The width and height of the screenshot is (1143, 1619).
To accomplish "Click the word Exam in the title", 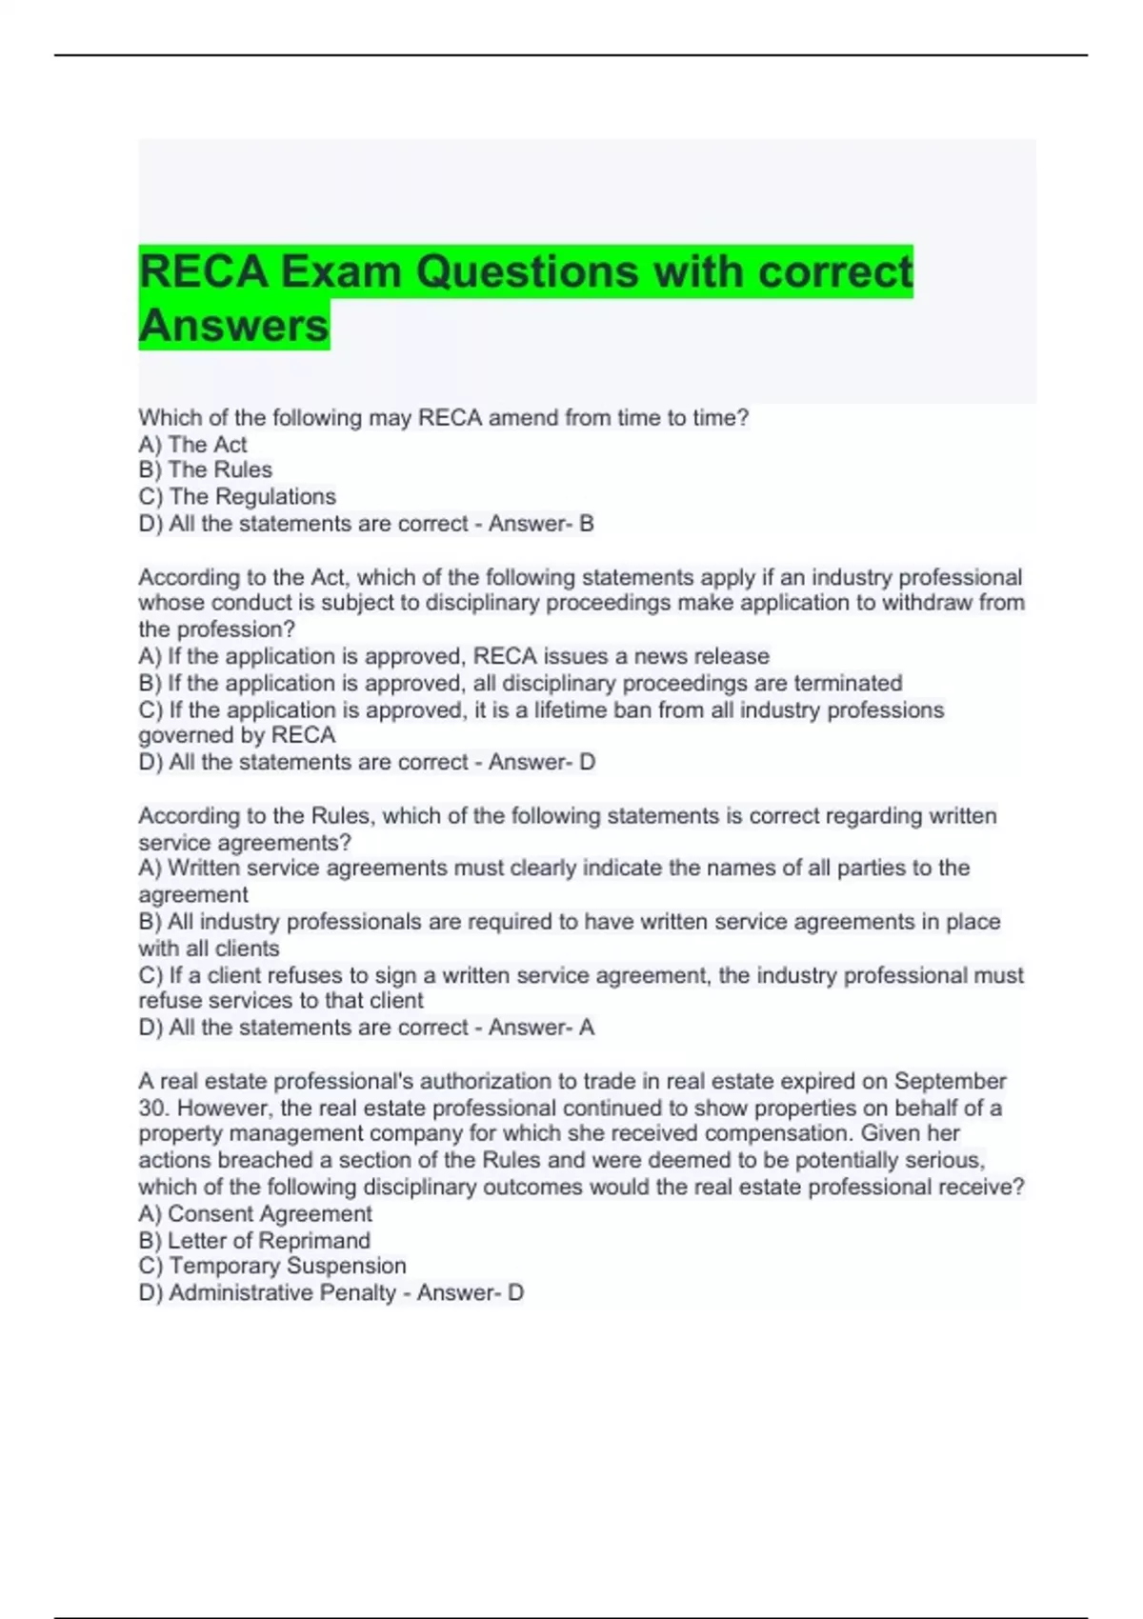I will pyautogui.click(x=339, y=271).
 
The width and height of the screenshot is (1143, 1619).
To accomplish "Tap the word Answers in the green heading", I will pyautogui.click(x=233, y=325).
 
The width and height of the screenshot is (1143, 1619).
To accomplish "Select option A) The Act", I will pyautogui.click(x=192, y=444).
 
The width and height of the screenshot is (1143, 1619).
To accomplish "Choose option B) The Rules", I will pyautogui.click(x=205, y=470).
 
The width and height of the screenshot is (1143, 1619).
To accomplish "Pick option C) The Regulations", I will pyautogui.click(x=237, y=496).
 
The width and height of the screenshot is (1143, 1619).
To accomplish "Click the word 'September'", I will pyautogui.click(x=950, y=1081).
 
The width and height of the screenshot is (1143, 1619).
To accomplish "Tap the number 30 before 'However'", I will pyautogui.click(x=152, y=1108).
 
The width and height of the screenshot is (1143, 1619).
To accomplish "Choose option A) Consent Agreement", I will pyautogui.click(x=255, y=1213).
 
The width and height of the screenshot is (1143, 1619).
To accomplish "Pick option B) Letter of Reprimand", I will pyautogui.click(x=254, y=1240).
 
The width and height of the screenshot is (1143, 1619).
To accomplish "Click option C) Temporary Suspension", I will pyautogui.click(x=272, y=1266).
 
